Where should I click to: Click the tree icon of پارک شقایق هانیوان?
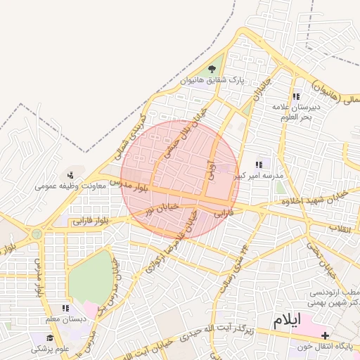coord(212,69)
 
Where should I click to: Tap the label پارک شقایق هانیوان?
coord(212,81)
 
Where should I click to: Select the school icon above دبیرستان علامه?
coord(295,96)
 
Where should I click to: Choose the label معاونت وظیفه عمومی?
coord(70,186)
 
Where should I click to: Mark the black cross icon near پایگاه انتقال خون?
coord(324,336)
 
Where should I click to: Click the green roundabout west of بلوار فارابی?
coord(36,233)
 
